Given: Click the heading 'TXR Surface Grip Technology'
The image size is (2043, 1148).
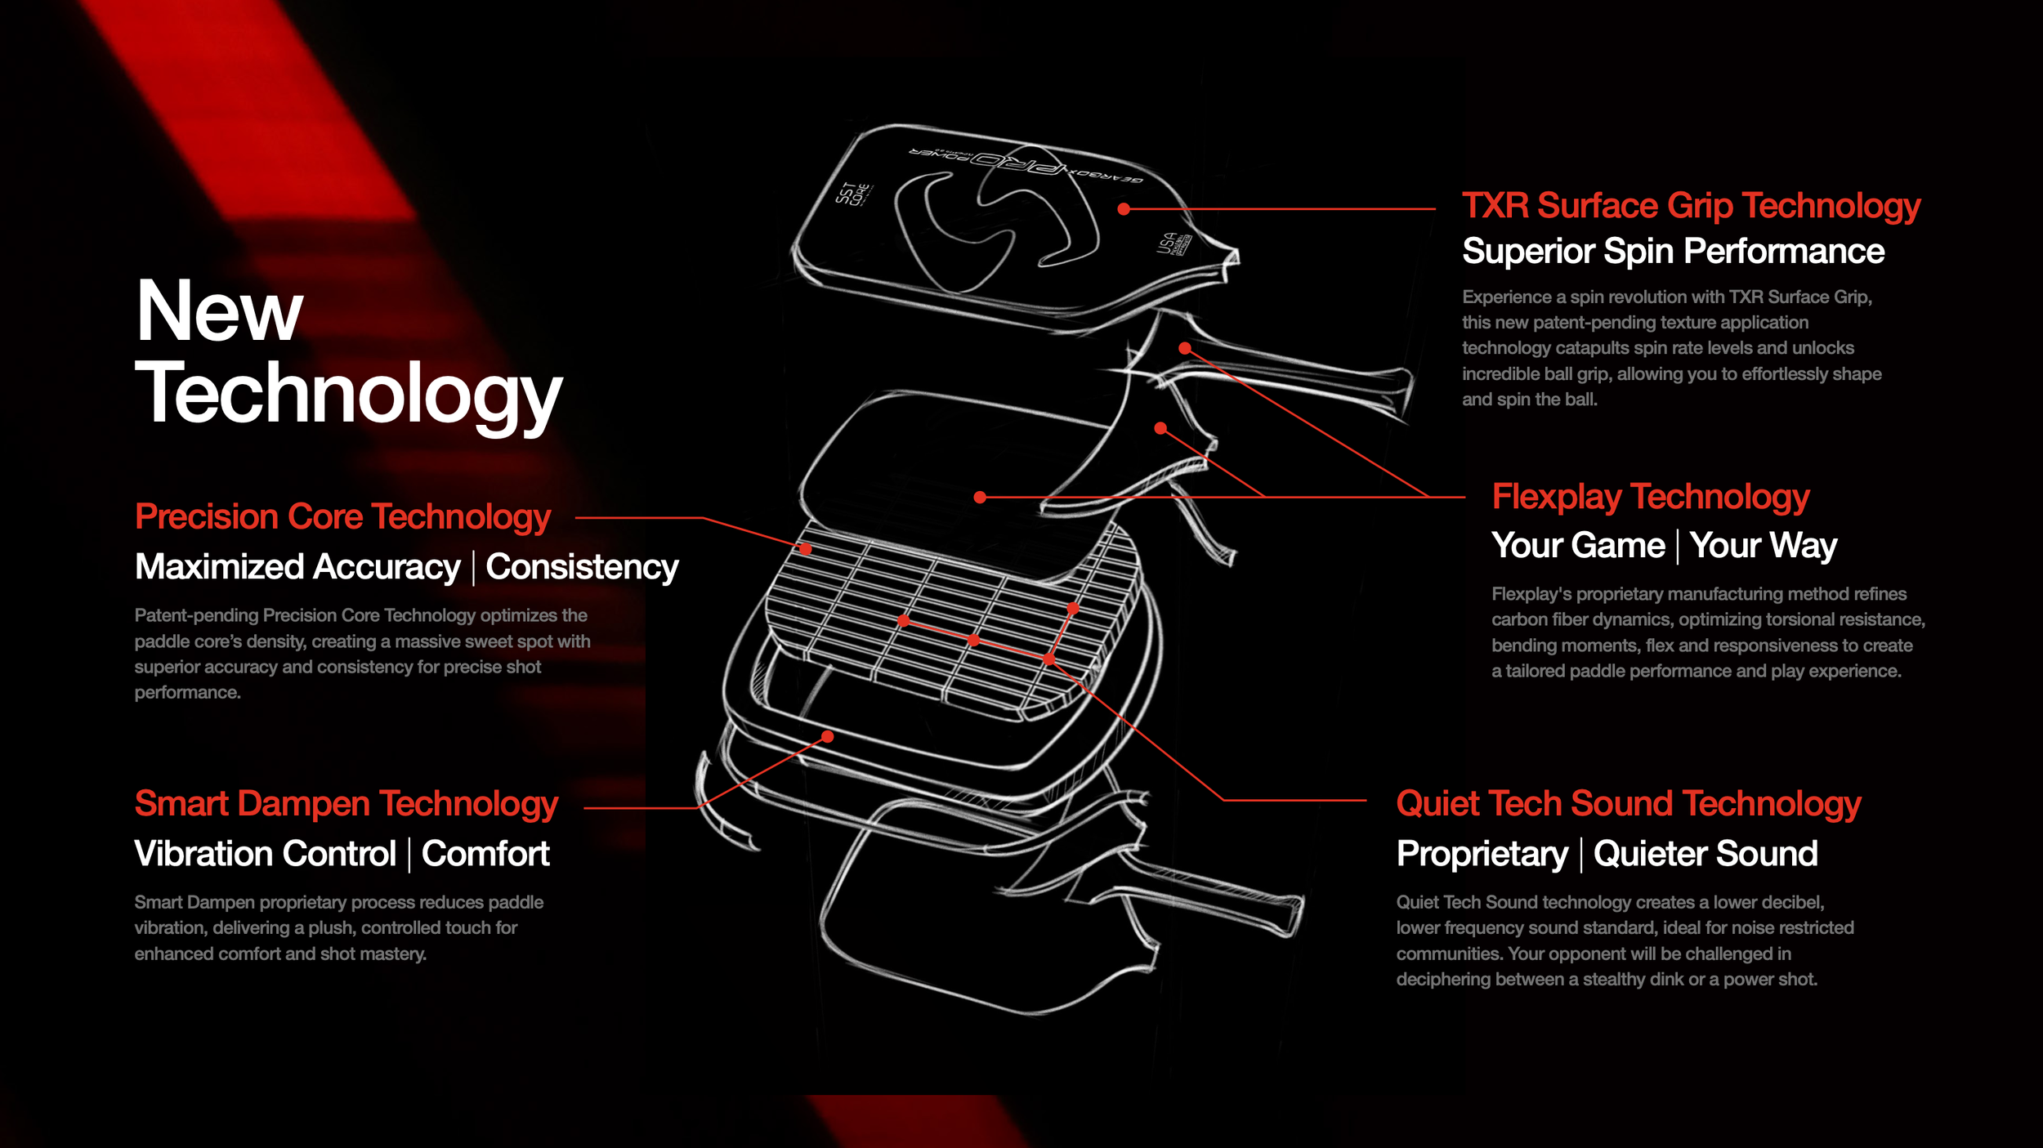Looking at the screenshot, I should [x=1690, y=206].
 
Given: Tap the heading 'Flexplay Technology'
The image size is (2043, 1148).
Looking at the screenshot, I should [x=1650, y=497].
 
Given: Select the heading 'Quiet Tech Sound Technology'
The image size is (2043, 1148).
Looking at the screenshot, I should [x=1628, y=804].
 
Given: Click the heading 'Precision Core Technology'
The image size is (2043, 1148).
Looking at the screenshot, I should [x=342, y=517].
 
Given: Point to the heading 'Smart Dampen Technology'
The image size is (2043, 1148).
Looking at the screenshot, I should [x=346, y=804].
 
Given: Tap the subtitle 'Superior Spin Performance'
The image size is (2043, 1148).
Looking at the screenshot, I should [x=1673, y=252].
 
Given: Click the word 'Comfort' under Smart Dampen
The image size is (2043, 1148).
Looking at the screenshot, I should [x=485, y=854].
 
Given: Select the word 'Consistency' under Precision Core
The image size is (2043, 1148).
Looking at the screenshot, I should [x=582, y=567].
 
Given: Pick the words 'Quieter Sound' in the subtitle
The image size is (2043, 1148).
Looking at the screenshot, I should [x=1705, y=854].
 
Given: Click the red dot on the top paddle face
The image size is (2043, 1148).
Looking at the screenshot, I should [x=1124, y=209].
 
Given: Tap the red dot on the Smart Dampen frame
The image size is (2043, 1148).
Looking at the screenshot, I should [x=828, y=737].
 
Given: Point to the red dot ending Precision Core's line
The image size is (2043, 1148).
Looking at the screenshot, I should [x=806, y=550].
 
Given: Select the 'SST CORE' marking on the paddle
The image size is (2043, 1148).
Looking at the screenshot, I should [x=853, y=194].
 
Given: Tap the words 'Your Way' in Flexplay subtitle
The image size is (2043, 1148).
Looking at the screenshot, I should [x=1764, y=546].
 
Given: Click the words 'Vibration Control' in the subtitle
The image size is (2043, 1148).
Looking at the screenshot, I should [x=265, y=854].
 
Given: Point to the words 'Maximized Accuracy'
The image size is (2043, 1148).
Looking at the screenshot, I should [x=297, y=567].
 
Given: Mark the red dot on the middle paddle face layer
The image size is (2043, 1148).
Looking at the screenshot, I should [x=980, y=497].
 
